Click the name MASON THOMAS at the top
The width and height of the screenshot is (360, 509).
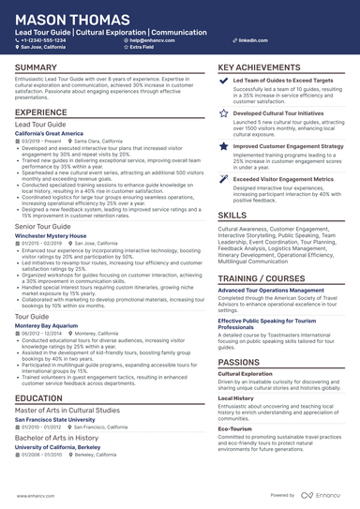67,15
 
